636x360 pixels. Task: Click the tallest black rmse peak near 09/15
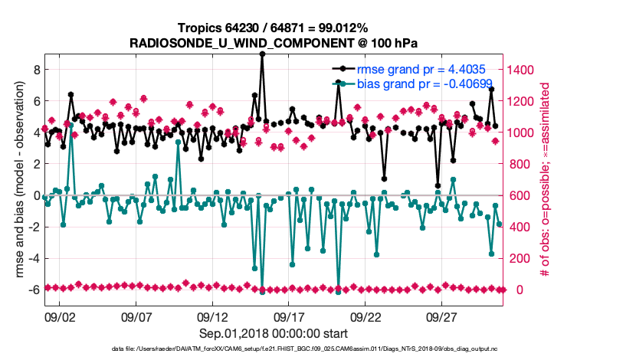tap(262, 54)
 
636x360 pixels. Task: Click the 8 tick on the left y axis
tap(34, 69)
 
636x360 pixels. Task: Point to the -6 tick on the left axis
tap(31, 290)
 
